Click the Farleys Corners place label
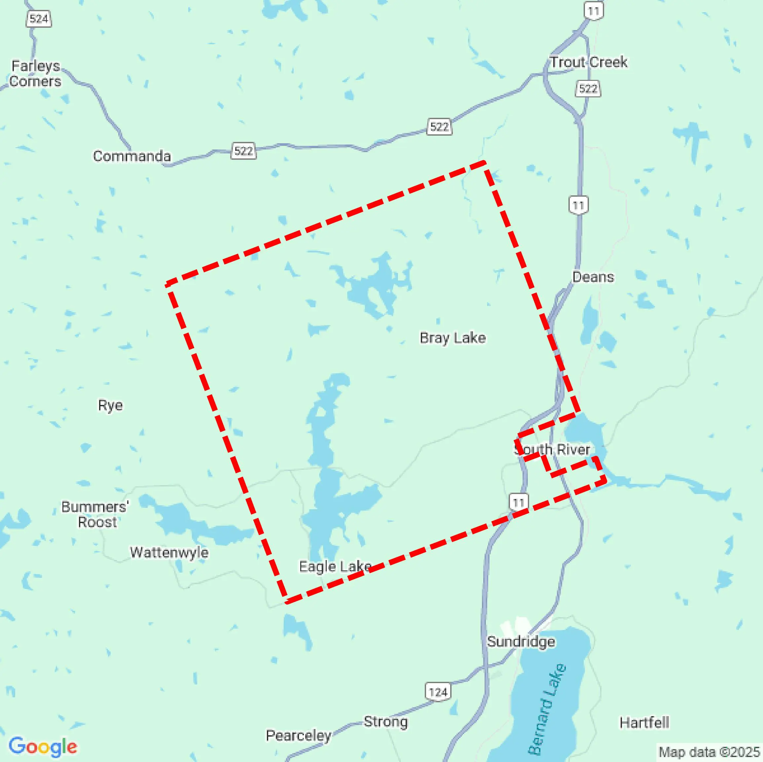pos(36,73)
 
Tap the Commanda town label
pos(132,156)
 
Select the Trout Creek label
pos(589,62)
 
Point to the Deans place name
pos(593,277)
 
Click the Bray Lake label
pos(453,338)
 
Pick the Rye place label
pos(110,405)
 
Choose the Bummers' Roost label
pos(95,514)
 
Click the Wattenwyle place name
pos(169,552)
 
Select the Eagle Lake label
pos(335,567)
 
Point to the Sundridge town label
pos(521,641)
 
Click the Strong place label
pos(385,721)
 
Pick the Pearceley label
pos(298,736)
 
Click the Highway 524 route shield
pos(39,18)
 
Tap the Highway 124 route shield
pos(438,692)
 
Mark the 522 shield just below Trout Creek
pos(588,88)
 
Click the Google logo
pos(43,746)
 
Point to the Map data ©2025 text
pos(709,752)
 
